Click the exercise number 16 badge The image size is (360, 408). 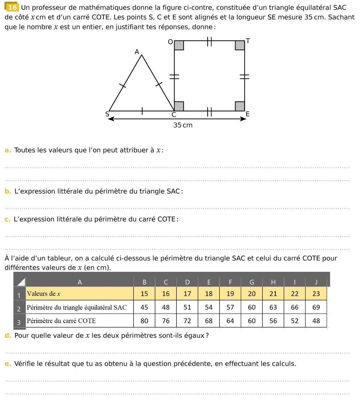[12, 7]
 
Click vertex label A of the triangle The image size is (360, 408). [137, 52]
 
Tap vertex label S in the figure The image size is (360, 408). [107, 114]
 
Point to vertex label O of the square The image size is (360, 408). [170, 42]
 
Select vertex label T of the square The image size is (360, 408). [248, 41]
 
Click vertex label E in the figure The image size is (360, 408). [247, 114]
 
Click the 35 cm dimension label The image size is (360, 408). [183, 125]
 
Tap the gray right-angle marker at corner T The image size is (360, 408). [240, 45]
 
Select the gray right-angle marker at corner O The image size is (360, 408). [179, 45]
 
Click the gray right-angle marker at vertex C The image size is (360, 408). [179, 106]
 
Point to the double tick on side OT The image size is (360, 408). [209, 41]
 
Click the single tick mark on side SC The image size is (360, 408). [142, 111]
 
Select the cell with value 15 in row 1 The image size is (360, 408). [144, 294]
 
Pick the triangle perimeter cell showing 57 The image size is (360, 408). [230, 307]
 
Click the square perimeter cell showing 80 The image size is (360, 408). [144, 321]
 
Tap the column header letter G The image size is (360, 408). [252, 282]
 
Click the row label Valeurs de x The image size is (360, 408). [43, 294]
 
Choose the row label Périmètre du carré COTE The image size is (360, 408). [61, 321]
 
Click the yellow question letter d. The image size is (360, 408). [8, 335]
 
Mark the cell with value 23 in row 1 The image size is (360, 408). [316, 294]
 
